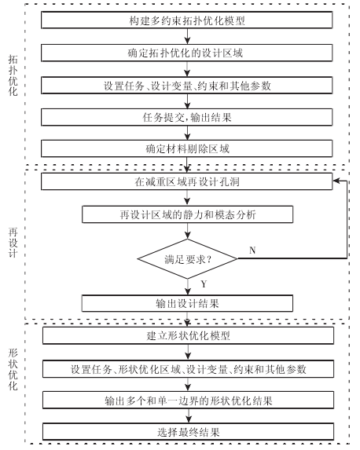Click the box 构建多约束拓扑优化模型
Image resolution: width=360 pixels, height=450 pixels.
coord(187,20)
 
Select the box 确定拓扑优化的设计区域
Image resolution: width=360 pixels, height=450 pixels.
coord(187,53)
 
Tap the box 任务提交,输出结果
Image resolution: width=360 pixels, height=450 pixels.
coord(187,117)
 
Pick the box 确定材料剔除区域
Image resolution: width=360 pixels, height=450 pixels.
coord(187,148)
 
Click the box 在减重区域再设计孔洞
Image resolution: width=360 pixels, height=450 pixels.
coord(187,181)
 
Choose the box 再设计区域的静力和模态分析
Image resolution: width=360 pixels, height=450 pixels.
coord(188,214)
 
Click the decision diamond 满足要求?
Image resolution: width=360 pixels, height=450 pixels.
coord(188,259)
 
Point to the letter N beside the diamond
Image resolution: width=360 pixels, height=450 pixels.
coord(252,251)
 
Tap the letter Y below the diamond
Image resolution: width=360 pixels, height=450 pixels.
coord(204,284)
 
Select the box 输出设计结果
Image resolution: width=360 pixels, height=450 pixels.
coord(187,303)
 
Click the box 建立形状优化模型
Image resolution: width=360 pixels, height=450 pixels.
coord(188,335)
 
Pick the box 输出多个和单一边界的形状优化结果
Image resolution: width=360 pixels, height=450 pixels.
coord(188,400)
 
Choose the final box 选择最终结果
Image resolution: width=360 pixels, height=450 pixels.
coord(188,432)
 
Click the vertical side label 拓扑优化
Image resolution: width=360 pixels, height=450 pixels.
coord(13,75)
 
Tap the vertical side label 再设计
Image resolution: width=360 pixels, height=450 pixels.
coord(13,243)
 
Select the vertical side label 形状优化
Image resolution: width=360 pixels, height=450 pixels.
coord(13,369)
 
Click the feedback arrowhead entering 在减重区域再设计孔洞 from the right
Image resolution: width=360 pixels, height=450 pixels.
coord(336,181)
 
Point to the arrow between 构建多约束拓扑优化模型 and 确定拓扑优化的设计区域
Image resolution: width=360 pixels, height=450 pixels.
coord(187,36)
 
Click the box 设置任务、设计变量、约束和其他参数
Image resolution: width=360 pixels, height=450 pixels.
coord(187,86)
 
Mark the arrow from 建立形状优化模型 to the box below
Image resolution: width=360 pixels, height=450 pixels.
coord(188,352)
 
